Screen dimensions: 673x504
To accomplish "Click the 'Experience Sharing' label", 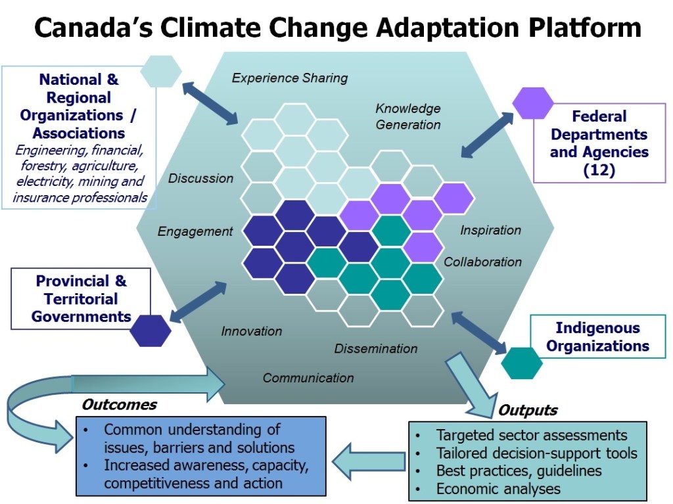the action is (290, 78).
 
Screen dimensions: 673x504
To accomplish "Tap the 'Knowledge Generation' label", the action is (407, 116).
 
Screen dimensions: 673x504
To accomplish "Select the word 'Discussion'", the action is (200, 178).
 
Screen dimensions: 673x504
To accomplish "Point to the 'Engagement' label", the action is (195, 231).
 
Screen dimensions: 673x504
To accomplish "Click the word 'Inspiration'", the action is (490, 230).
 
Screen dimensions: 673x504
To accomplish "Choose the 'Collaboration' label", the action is (482, 262).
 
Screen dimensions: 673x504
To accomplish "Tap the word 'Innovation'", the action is (252, 331).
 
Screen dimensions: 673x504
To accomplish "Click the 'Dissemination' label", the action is (375, 348).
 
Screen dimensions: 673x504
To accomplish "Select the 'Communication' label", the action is (308, 378).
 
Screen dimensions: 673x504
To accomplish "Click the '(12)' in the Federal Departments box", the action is (599, 170).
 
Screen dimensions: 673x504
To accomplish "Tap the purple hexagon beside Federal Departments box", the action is (532, 103).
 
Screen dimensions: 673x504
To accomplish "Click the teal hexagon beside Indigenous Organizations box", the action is (521, 363).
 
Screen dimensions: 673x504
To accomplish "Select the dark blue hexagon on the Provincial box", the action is (151, 331).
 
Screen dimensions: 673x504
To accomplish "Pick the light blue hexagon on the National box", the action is (161, 71).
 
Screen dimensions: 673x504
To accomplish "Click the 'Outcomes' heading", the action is (120, 404).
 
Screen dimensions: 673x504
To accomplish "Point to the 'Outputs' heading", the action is (528, 410).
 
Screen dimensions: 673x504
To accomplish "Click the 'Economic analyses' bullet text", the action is (498, 488).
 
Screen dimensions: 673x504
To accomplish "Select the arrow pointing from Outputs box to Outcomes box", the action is (369, 461).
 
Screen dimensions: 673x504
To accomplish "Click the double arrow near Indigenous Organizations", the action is (479, 333).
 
